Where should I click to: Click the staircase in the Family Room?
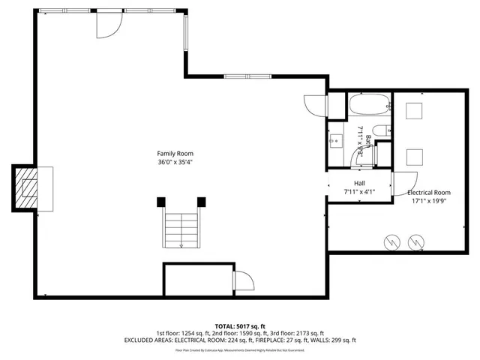[x=181, y=229]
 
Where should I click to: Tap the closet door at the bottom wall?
[x=243, y=282]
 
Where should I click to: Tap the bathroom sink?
[x=335, y=139]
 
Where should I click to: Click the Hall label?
[x=359, y=183]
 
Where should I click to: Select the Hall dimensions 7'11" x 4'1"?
[x=359, y=191]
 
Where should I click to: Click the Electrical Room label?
[x=429, y=193]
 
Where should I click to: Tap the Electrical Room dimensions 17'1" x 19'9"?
[x=429, y=201]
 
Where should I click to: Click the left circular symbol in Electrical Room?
[x=391, y=241]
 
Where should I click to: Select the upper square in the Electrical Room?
[x=415, y=110]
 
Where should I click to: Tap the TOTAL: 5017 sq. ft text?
[x=239, y=325]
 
